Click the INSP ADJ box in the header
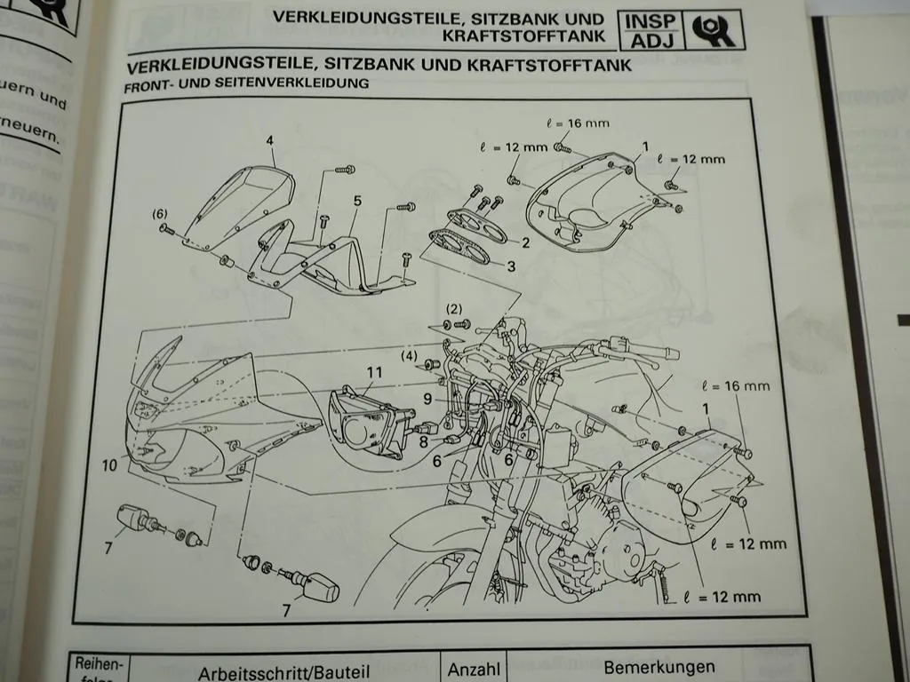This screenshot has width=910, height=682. [652, 29]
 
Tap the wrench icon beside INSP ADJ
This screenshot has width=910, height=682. [712, 29]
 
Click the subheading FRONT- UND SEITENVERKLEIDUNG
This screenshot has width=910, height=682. [247, 85]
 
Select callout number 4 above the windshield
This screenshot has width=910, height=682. [269, 140]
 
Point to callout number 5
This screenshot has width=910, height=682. [356, 202]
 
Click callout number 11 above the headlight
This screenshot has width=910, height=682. [374, 373]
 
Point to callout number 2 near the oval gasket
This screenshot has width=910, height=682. [525, 242]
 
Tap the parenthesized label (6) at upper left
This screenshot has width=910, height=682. [158, 214]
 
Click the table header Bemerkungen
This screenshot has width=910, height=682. [659, 667]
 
